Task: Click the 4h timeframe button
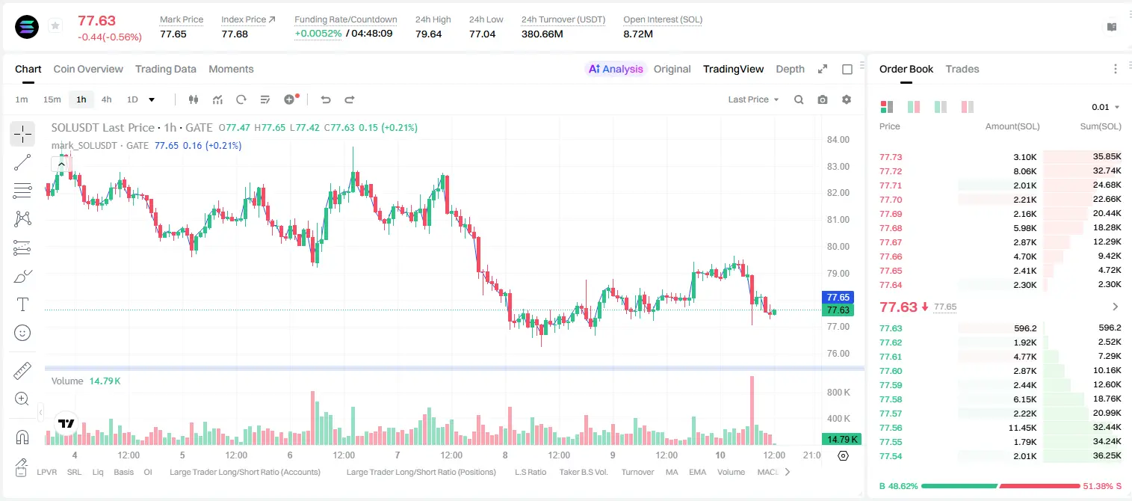106,99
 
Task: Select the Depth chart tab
790,69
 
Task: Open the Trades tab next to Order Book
962,69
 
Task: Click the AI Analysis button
616,69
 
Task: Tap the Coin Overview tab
88,69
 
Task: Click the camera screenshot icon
823,99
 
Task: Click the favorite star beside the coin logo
55,25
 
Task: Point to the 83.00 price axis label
838,166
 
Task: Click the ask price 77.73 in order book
891,157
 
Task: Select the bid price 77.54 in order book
891,456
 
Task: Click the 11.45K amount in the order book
1022,428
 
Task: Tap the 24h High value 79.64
429,34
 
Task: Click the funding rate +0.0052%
318,34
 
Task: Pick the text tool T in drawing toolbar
22,304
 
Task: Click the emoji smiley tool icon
22,333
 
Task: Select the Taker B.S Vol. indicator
583,472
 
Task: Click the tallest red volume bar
752,411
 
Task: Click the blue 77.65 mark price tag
838,298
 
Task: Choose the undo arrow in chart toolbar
326,99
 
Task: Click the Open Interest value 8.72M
638,34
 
